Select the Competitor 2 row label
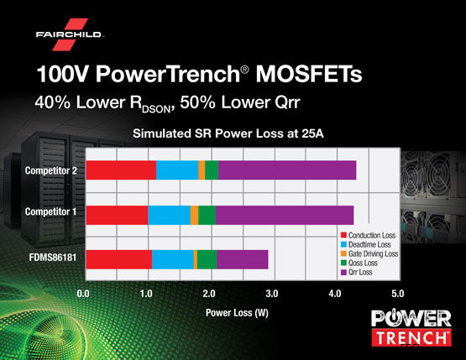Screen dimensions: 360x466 pos(50,170)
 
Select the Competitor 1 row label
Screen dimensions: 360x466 pos(50,213)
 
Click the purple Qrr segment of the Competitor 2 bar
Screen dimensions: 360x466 pos(286,170)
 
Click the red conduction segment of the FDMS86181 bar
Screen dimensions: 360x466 pos(118,260)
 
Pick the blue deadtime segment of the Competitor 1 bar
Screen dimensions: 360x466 pos(169,214)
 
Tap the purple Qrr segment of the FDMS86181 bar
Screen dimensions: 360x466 pos(242,260)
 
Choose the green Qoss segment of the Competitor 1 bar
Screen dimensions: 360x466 pos(207,214)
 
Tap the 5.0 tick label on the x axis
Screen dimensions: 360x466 pos(397,294)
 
